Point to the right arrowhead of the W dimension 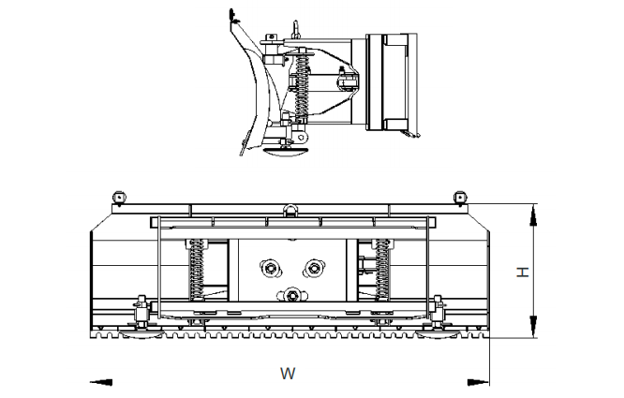479,381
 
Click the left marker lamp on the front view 119,196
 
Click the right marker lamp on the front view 459,196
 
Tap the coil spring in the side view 302,94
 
